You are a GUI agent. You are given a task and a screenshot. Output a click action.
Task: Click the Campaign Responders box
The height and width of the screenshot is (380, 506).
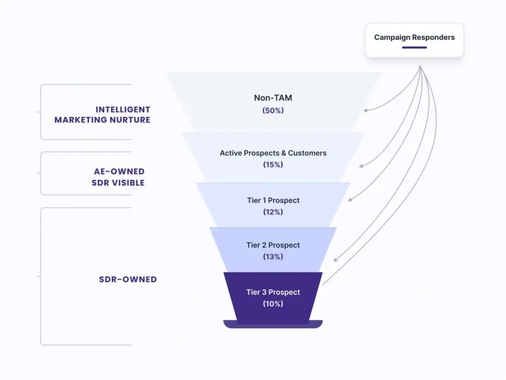pos(414,40)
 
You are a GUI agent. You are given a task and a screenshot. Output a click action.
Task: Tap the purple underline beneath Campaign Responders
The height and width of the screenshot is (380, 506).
pos(414,47)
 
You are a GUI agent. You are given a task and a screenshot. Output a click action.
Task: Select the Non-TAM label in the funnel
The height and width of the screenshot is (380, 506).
pos(273,98)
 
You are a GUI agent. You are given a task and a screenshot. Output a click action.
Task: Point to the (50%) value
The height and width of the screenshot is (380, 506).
pos(273,111)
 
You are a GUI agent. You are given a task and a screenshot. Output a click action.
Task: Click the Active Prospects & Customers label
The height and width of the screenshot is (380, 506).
pos(273,153)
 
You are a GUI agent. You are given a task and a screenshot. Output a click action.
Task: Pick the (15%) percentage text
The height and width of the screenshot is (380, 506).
pos(273,165)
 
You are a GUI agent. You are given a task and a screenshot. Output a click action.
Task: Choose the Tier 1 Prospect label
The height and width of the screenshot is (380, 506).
pos(273,200)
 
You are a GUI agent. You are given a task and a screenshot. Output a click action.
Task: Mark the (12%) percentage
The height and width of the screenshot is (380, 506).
pos(273,212)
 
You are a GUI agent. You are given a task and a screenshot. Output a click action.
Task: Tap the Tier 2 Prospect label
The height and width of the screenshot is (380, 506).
pos(273,245)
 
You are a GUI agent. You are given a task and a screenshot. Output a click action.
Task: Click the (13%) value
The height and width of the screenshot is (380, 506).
pos(273,257)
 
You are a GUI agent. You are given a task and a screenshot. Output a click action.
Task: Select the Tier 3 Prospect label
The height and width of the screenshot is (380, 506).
pos(273,292)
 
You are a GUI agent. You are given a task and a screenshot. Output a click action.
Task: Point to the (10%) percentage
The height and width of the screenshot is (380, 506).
pos(273,304)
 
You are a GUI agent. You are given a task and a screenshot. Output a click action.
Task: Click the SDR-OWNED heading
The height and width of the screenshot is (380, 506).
pos(127,279)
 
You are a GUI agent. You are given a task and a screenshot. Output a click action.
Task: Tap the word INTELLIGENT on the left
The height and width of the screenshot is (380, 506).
pos(123,110)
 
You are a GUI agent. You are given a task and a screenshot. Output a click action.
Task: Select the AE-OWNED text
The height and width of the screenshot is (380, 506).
pos(120,171)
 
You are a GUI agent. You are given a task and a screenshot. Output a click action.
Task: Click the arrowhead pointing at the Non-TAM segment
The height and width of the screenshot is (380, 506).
pos(365,111)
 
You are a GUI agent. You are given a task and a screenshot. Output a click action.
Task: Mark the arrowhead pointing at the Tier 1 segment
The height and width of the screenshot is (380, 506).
pos(350,200)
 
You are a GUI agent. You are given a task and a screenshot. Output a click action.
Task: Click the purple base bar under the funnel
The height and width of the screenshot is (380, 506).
pos(273,325)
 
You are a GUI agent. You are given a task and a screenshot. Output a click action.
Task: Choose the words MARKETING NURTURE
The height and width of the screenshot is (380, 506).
pos(102,120)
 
